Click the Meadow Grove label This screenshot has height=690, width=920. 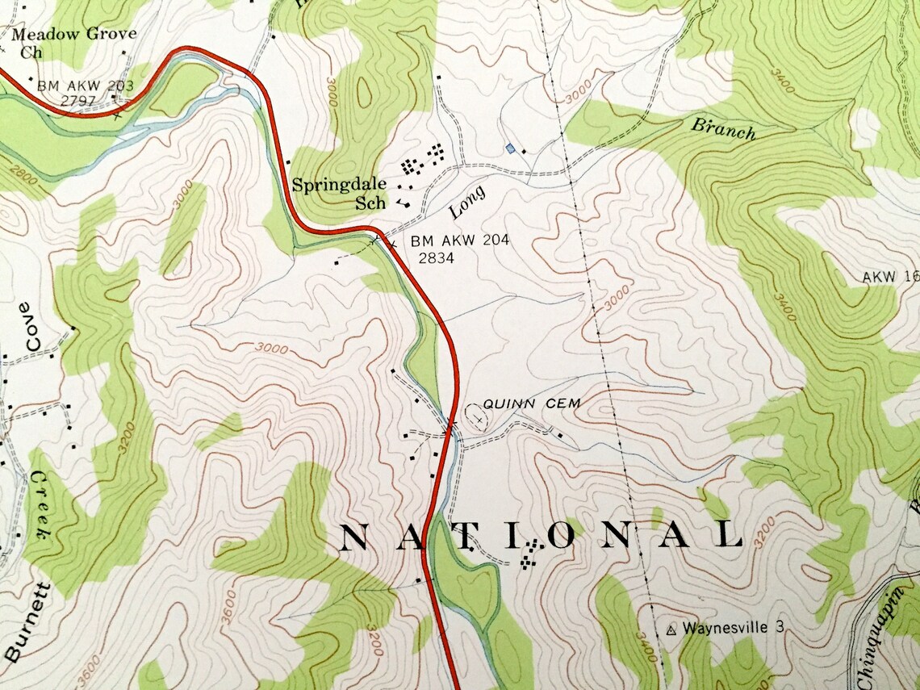pos(73,35)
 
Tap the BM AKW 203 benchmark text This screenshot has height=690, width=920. pos(85,86)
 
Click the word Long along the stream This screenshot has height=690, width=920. pos(467,202)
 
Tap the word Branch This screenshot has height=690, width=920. pos(723,128)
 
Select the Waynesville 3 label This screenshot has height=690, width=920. pos(733,627)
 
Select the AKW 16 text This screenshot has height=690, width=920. pos(890,277)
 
